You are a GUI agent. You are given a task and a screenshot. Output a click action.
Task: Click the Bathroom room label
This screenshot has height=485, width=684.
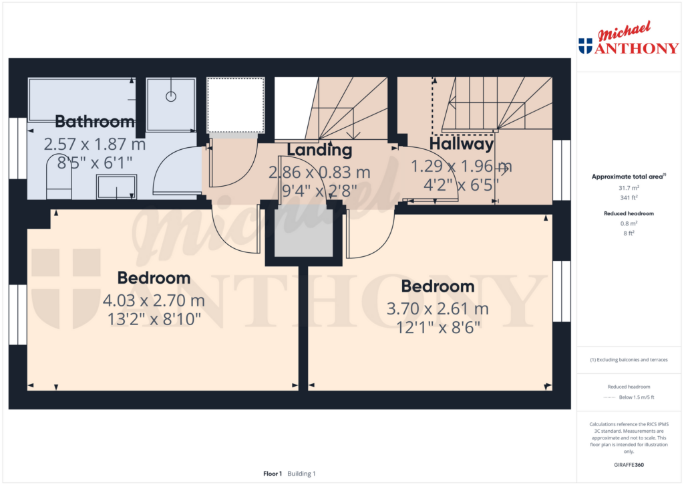(95, 122)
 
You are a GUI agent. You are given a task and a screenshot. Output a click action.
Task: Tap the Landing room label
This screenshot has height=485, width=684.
(319, 150)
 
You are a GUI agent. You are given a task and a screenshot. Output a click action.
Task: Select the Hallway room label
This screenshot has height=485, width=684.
(462, 144)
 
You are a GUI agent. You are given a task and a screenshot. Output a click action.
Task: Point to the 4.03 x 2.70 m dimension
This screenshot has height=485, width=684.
(154, 300)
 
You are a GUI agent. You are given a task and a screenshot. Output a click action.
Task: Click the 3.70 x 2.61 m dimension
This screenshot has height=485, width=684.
(438, 309)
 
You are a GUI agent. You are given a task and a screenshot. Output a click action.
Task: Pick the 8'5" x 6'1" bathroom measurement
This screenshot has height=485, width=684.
(95, 163)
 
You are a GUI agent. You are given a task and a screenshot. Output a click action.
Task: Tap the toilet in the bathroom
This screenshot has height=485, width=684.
(59, 176)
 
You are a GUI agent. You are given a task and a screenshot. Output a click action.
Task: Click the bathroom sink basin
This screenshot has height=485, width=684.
(116, 187)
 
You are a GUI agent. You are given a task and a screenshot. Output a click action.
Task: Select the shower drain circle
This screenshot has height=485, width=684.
(171, 96)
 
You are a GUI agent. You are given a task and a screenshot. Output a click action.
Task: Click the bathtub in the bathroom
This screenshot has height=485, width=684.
(82, 100)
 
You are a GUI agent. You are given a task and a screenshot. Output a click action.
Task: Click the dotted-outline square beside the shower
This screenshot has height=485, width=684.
(236, 105)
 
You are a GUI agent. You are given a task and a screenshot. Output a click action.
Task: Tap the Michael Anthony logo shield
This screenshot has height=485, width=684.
(585, 46)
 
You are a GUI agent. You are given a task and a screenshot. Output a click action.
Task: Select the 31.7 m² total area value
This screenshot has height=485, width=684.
(629, 188)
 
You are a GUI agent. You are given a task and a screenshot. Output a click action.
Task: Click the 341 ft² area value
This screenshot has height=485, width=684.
(629, 197)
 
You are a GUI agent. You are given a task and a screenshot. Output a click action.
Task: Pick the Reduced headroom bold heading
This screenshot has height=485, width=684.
(629, 213)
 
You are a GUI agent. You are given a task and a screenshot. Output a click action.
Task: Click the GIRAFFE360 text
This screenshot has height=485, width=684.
(629, 465)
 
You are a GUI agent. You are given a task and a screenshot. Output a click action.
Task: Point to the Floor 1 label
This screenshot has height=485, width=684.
(273, 474)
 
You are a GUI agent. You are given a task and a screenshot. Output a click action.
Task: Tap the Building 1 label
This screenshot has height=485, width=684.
(301, 474)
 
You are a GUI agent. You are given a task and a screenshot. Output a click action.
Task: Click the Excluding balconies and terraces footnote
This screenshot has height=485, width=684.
(629, 360)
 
